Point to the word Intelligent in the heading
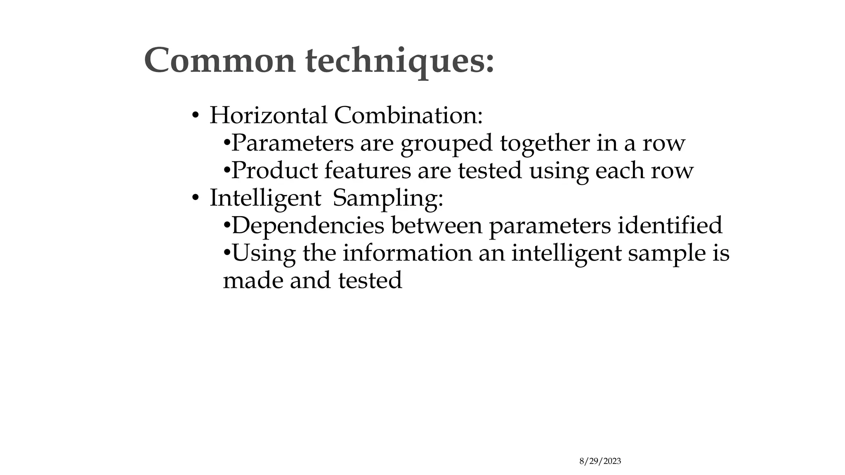265,198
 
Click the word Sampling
388,198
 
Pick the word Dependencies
308,226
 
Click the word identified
670,226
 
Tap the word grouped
447,143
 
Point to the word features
368,170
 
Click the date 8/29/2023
600,461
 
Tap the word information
407,253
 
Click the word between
437,226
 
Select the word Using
264,253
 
